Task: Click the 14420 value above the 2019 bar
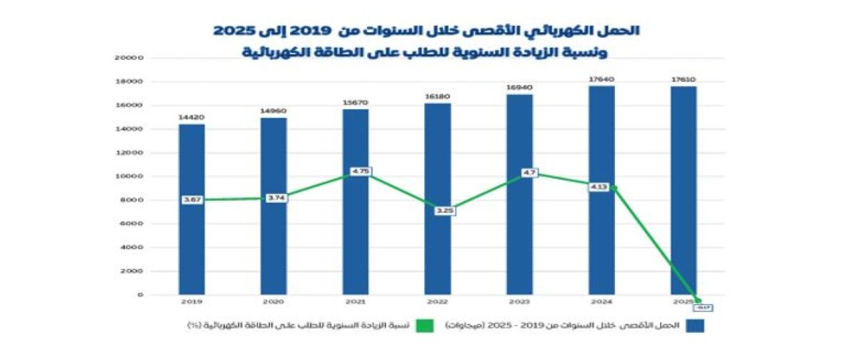click(191, 116)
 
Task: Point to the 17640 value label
click(601, 79)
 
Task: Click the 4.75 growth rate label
click(361, 172)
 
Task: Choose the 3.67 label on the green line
click(191, 200)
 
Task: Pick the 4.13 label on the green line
click(598, 187)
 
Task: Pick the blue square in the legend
click(694, 326)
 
